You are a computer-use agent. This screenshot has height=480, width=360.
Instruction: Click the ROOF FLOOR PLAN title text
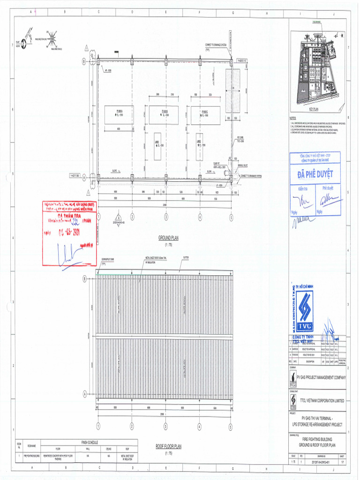[168, 447]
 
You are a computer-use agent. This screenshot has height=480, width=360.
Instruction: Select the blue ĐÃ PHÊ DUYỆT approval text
[315, 174]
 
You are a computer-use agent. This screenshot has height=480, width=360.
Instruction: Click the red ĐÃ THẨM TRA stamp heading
[69, 215]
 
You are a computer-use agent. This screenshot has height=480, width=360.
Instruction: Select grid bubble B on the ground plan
[85, 61]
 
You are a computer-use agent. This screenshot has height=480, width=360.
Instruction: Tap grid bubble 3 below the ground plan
[166, 217]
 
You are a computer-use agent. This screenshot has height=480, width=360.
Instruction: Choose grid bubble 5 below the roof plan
[231, 426]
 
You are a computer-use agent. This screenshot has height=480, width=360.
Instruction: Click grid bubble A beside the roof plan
[85, 393]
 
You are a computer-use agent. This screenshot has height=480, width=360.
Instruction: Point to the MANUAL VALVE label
[243, 165]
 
